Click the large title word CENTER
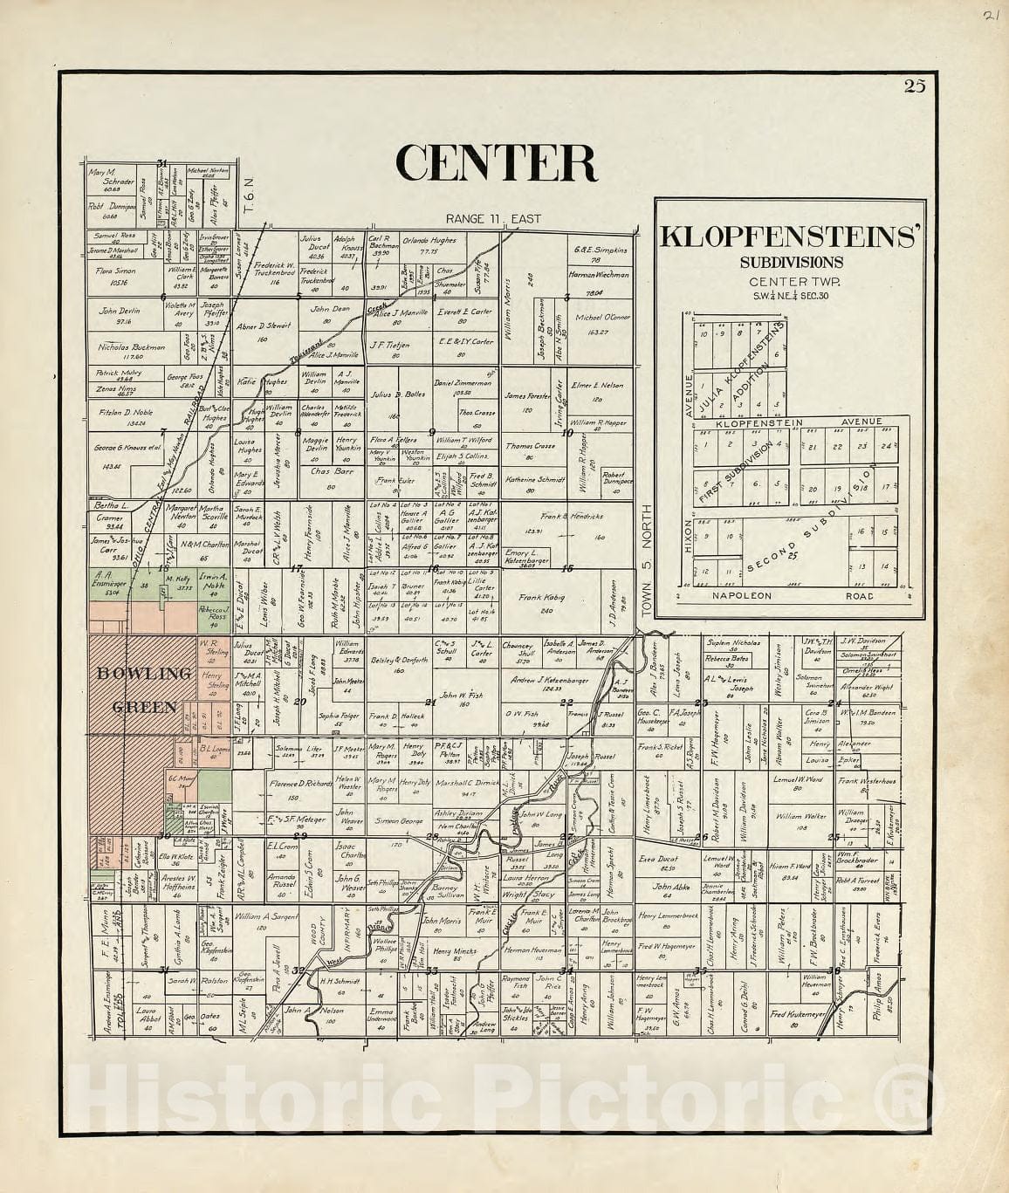pyautogui.click(x=497, y=163)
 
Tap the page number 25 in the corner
pyautogui.click(x=915, y=85)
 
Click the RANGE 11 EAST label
pyautogui.click(x=492, y=219)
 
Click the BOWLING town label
pyautogui.click(x=144, y=674)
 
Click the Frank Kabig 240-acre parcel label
pyautogui.click(x=541, y=598)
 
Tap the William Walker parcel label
pyautogui.click(x=801, y=817)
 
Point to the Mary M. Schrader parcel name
pyautogui.click(x=110, y=175)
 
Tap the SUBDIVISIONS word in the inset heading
pyautogui.click(x=792, y=261)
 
